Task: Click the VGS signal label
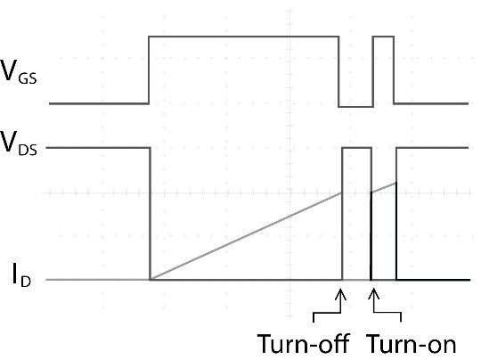tap(19, 71)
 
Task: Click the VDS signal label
tap(19, 143)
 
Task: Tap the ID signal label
tap(21, 274)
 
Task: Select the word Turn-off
tap(304, 343)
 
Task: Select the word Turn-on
tap(412, 343)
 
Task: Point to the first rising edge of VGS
tap(149, 70)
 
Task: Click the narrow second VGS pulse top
tap(383, 37)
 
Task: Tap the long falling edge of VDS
tap(150, 214)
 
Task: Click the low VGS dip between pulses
tap(355, 107)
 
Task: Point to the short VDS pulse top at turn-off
tap(357, 148)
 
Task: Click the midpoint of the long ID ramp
tap(246, 236)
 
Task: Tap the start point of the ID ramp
tap(150, 280)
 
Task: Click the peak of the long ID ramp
tap(342, 192)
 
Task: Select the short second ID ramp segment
tap(384, 187)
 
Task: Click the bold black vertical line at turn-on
tap(371, 236)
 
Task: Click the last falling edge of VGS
tap(394, 70)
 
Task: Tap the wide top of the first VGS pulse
tap(244, 37)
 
